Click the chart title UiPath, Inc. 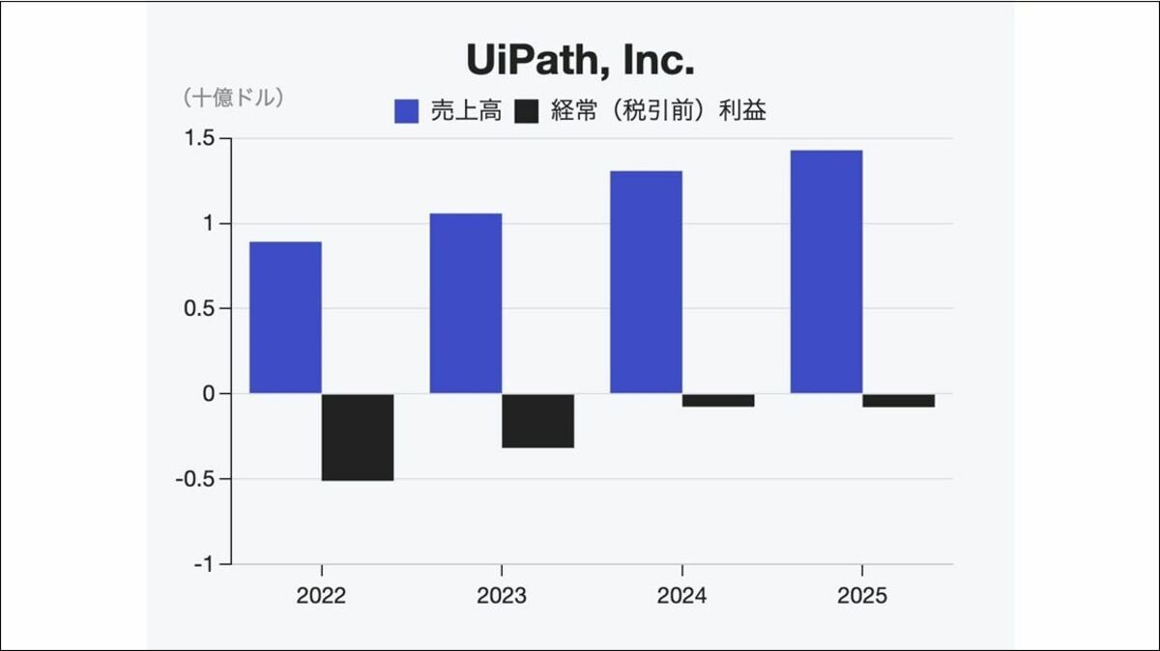[x=580, y=61]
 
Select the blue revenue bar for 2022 [x=285, y=317]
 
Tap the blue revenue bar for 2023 [x=466, y=303]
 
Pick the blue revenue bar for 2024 [x=646, y=282]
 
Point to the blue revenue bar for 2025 [x=826, y=271]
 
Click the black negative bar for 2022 [x=358, y=437]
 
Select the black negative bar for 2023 [x=538, y=420]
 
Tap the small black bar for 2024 [x=718, y=400]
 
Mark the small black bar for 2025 [x=899, y=400]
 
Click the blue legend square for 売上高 [x=406, y=111]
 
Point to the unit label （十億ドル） [x=232, y=98]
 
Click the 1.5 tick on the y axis [x=200, y=139]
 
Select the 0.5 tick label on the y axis [x=200, y=309]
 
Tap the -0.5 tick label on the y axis [x=196, y=479]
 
